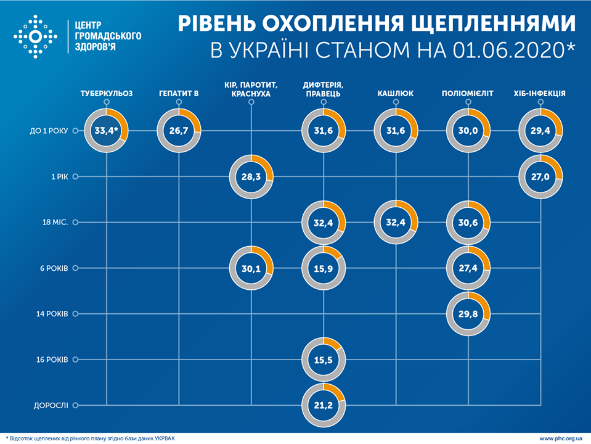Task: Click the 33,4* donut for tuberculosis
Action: tap(106, 131)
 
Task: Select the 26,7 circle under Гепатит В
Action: tap(179, 131)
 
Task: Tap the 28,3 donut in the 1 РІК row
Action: tap(251, 177)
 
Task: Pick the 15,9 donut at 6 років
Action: tap(324, 268)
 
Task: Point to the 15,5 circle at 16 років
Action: tap(324, 359)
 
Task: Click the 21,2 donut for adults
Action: tap(324, 405)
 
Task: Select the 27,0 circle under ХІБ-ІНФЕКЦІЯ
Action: tap(541, 177)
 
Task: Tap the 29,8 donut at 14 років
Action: tap(468, 314)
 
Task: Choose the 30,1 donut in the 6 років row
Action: tap(251, 268)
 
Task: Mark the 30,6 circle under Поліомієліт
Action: tap(468, 222)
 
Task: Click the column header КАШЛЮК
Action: tap(395, 94)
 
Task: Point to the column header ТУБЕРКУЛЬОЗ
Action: tap(106, 94)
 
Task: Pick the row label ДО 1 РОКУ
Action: tap(49, 131)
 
